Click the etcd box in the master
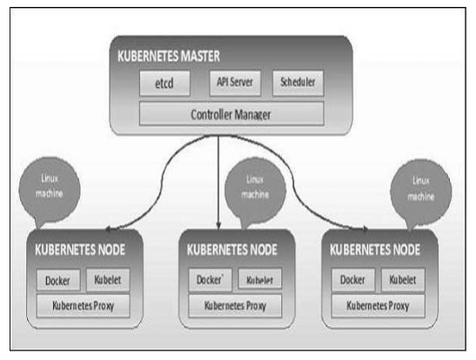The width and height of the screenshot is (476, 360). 164,83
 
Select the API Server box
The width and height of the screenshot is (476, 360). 235,83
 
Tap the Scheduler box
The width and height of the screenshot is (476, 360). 298,83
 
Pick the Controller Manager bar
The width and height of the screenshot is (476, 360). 231,114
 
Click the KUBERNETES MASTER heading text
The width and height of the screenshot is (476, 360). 169,57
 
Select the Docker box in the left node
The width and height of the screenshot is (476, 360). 58,280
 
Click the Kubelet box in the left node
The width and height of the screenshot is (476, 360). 108,280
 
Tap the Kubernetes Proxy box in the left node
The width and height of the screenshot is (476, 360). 84,306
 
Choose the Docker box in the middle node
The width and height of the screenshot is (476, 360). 210,279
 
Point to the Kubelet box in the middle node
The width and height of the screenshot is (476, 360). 260,278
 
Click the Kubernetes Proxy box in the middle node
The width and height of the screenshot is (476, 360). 235,306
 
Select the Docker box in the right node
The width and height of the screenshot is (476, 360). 353,280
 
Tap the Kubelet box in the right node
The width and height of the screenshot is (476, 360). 403,280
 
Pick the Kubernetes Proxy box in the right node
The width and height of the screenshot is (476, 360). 379,306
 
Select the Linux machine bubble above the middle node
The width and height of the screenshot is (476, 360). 255,190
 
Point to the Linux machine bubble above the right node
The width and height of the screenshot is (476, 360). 421,192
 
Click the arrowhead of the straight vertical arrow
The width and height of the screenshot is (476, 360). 218,225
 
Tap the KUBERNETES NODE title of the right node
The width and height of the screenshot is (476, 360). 375,250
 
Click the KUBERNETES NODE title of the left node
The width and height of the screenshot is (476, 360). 80,250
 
